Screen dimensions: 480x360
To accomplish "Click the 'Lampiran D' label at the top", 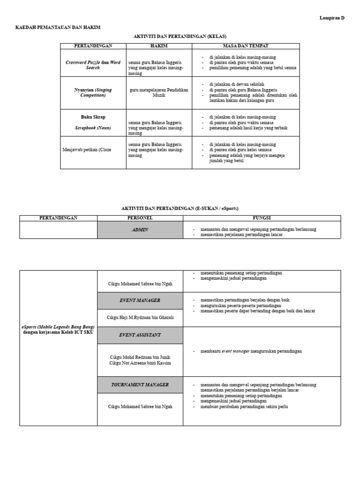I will tap(332, 18).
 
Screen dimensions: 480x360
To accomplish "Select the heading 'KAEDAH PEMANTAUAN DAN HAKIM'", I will tap(58, 28).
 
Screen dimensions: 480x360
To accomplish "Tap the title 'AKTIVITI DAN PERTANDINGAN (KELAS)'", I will tap(180, 36).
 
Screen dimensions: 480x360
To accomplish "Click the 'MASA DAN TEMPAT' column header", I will tap(246, 46).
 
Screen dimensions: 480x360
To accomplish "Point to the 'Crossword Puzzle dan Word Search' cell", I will tap(93, 65).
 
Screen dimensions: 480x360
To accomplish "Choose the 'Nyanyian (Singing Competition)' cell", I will tap(93, 92).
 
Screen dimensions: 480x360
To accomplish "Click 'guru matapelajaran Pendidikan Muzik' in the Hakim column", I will tap(159, 92).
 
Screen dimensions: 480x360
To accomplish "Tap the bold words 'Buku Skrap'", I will tap(93, 117).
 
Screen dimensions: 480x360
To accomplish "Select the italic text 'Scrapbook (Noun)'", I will tap(93, 127).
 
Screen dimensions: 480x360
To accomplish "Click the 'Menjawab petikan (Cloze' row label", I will tap(87, 150).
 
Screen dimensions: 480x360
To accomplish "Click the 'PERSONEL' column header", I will tap(140, 218).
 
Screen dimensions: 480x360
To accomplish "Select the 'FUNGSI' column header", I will tap(262, 218).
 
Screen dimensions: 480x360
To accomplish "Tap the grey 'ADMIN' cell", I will tap(140, 230).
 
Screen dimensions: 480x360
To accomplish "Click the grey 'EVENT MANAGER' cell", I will tap(140, 300).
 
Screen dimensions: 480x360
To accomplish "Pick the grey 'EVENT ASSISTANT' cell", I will tap(140, 335).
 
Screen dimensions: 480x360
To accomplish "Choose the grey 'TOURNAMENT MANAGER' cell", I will tap(140, 384).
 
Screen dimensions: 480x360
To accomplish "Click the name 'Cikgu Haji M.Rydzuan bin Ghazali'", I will tap(140, 317).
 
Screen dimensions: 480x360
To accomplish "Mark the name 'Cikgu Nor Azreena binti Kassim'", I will tap(140, 363).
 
